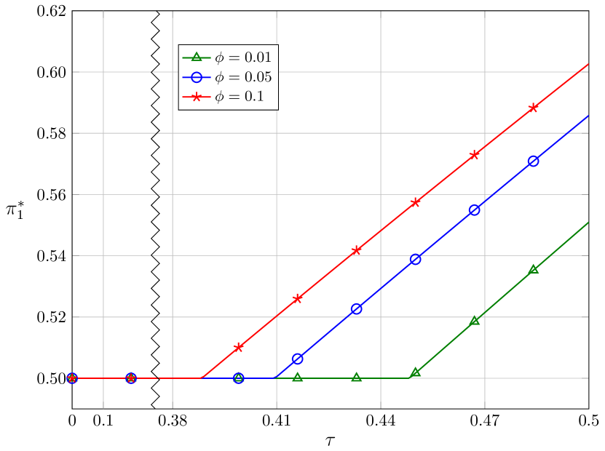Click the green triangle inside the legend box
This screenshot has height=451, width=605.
tap(196, 57)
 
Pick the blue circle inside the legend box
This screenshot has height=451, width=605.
tap(196, 77)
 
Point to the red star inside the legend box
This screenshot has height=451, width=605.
tap(196, 97)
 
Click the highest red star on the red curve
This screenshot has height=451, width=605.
tap(534, 108)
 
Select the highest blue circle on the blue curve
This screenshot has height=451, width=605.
tap(534, 161)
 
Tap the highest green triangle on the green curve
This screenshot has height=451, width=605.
tap(534, 269)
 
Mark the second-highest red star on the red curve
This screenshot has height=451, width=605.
tap(475, 154)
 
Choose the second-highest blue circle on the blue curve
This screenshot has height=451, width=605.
tap(475, 210)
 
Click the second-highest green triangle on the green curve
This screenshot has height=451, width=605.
tap(475, 320)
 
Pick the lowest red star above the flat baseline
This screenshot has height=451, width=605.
tap(238, 347)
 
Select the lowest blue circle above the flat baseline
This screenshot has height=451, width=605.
tap(297, 359)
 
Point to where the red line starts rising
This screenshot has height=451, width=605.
tap(200, 378)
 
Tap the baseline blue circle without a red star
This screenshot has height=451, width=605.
tap(238, 378)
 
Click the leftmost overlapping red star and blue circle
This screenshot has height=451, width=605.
tap(72, 378)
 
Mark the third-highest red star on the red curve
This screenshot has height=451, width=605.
tap(416, 202)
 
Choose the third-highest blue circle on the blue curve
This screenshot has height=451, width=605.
tap(416, 260)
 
